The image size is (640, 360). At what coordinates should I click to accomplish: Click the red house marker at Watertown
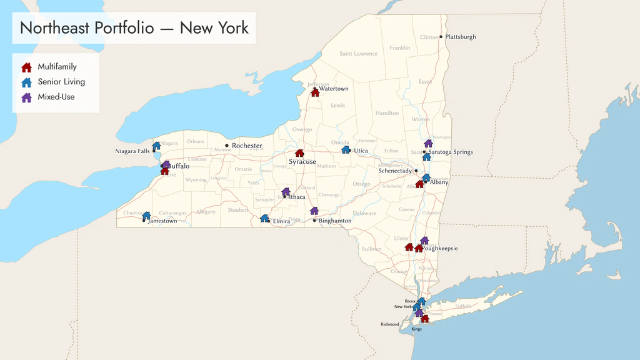tap(315, 92)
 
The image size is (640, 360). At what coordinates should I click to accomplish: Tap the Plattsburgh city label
tap(460, 37)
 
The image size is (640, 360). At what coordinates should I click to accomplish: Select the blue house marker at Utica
tap(346, 149)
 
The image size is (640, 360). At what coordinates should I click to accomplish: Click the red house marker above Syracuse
tap(299, 152)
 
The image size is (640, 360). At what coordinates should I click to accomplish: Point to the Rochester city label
tap(247, 146)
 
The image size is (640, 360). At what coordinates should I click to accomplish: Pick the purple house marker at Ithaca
tap(286, 191)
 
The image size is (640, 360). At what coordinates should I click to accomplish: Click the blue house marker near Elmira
tap(264, 218)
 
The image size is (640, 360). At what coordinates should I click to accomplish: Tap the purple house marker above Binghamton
tap(314, 211)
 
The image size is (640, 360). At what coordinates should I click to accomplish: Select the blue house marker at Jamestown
tap(146, 216)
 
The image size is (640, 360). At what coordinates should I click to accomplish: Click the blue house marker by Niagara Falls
tap(156, 146)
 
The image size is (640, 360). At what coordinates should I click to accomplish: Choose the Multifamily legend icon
tap(27, 67)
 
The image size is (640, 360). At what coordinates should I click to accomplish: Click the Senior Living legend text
tap(61, 82)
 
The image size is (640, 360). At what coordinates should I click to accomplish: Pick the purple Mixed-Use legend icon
tap(27, 97)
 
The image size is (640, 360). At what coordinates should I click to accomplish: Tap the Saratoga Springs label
tap(451, 152)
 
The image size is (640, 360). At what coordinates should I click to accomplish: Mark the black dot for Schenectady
tap(416, 171)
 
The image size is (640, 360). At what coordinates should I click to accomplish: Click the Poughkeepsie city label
tap(440, 248)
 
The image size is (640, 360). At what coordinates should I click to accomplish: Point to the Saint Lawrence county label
tap(359, 54)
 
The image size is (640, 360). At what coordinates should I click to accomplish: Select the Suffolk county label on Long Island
tap(463, 306)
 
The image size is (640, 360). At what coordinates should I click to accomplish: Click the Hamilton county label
tap(387, 113)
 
